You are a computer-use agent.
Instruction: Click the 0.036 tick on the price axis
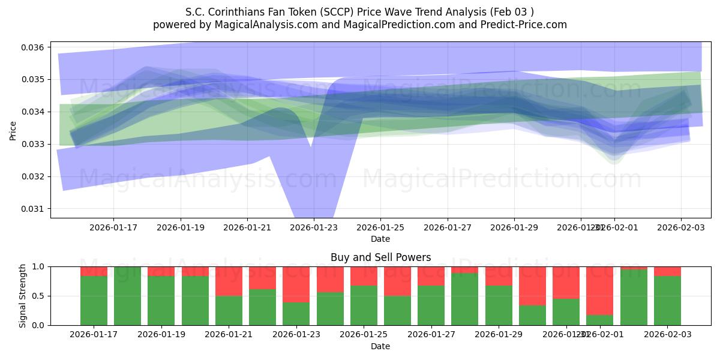tap(34, 47)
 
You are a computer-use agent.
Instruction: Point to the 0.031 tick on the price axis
tap(34, 209)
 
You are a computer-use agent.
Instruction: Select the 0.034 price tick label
tap(34, 112)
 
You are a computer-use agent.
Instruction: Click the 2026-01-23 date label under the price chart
tap(314, 227)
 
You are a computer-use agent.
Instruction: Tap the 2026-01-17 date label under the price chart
tap(113, 227)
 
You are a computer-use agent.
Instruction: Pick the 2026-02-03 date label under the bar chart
tap(667, 334)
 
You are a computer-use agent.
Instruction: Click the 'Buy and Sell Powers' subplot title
tap(380, 257)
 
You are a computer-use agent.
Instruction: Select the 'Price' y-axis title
tap(13, 130)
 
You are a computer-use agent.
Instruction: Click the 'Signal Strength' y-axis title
tap(22, 296)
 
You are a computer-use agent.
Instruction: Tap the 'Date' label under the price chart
tap(380, 239)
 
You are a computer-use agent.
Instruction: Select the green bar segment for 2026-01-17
tap(94, 301)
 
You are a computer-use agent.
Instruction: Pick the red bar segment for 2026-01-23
tap(296, 284)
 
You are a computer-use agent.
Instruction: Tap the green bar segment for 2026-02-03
tap(667, 301)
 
